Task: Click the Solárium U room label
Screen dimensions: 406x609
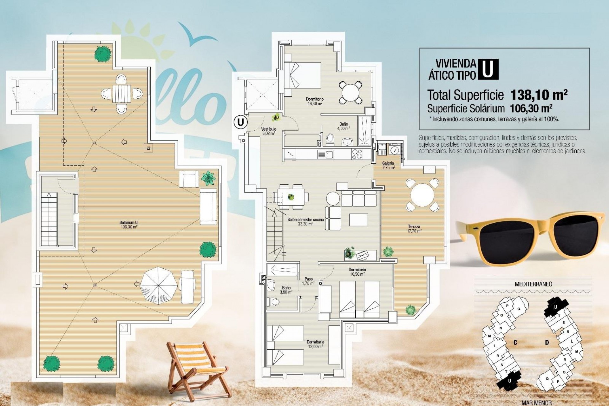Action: (129, 225)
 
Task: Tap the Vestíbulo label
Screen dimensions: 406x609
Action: (269, 131)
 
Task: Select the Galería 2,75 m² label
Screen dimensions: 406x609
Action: (388, 165)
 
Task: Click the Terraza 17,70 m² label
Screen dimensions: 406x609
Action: (414, 229)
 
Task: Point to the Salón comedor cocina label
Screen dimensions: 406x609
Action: (305, 221)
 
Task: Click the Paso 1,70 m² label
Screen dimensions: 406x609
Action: (308, 281)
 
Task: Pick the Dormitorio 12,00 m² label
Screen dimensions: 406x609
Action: (315, 344)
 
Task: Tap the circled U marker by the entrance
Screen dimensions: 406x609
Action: (240, 122)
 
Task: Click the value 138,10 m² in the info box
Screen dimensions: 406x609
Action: (539, 95)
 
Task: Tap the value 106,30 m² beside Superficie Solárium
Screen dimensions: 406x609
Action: (531, 108)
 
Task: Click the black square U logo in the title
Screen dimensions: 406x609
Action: (488, 69)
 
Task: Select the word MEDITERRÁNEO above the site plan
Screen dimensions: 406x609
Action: (533, 284)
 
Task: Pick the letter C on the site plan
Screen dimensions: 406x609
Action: (515, 343)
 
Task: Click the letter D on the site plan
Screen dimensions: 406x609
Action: (547, 343)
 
